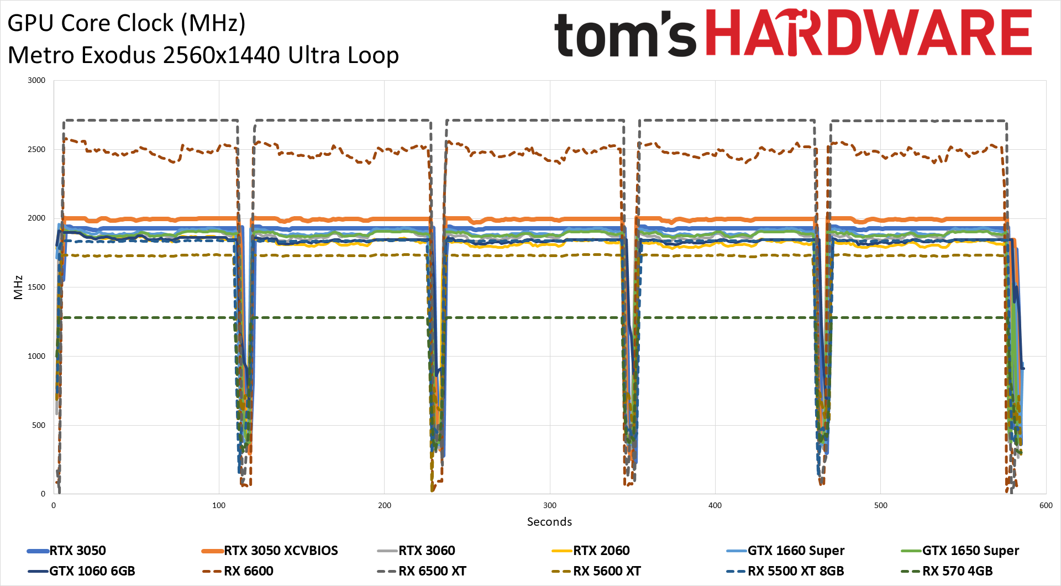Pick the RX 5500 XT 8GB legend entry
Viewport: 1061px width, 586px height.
796,571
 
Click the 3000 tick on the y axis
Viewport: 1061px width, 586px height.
36,80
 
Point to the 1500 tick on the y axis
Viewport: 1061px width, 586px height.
36,287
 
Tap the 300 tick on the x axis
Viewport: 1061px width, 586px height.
549,505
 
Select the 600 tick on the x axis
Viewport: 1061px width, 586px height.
1046,505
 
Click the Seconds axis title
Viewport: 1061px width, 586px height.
549,522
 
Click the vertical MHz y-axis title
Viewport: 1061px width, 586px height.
18,287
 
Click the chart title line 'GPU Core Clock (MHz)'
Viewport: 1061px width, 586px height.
127,23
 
